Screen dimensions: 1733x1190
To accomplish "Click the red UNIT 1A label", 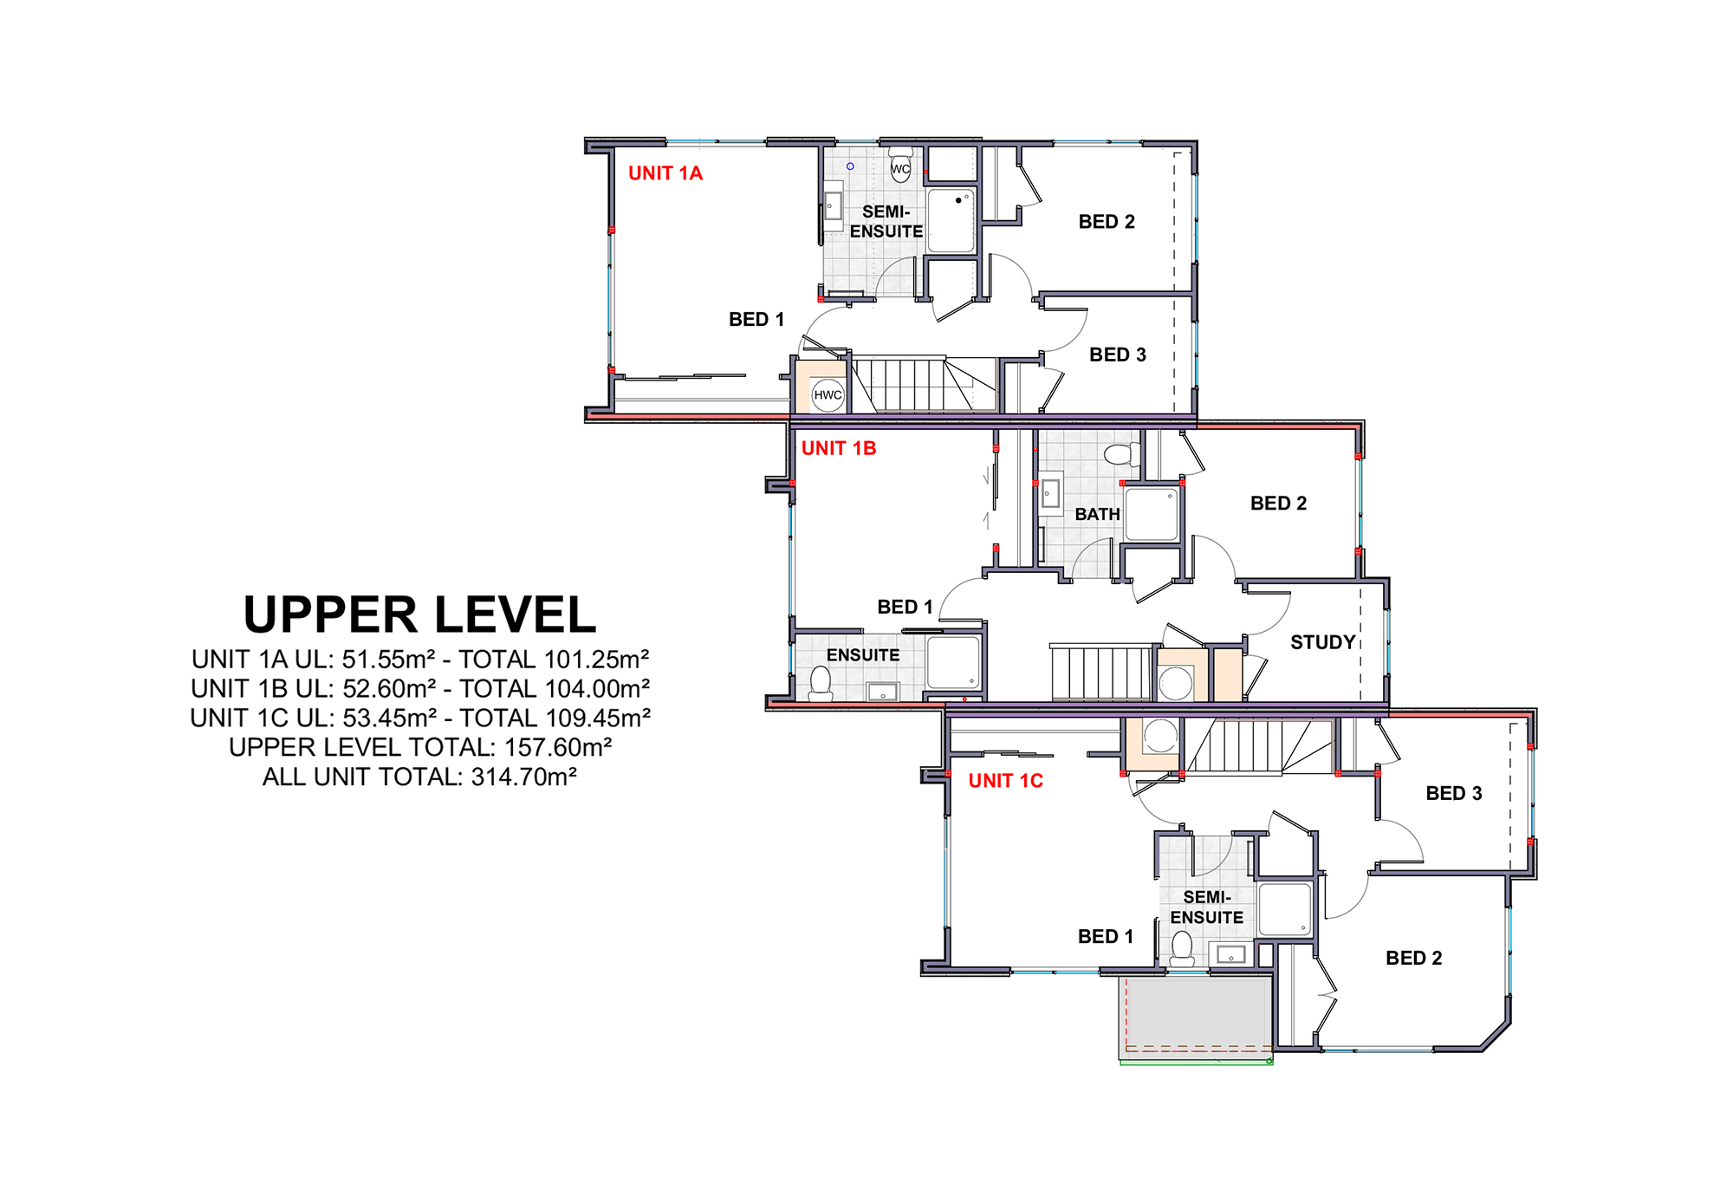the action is [665, 173].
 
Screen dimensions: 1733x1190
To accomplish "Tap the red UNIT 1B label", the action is [839, 448].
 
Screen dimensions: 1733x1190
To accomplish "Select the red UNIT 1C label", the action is [1006, 781].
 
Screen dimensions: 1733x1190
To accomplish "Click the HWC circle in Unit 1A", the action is [828, 395].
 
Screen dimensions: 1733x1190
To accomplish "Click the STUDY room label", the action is [1323, 642].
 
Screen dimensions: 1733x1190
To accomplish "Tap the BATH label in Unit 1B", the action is [1098, 514].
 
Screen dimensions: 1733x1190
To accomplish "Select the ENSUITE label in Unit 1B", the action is [863, 655].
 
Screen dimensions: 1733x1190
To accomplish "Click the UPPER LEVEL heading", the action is [420, 615].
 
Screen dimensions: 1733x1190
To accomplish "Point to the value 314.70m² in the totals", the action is [524, 777].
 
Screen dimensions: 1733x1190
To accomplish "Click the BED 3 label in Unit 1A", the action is [1118, 354].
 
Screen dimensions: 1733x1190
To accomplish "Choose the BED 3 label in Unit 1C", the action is [1454, 793].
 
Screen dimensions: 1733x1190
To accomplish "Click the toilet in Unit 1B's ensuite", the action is [821, 683].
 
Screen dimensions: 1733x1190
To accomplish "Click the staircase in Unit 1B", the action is [1103, 672].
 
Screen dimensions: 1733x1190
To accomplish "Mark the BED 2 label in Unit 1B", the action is [1279, 504].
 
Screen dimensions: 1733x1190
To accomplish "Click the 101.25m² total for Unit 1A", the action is [597, 660].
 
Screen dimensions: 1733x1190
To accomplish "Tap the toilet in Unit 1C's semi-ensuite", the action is [1182, 948].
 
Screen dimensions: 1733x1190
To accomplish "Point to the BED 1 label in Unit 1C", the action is [1106, 936].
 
